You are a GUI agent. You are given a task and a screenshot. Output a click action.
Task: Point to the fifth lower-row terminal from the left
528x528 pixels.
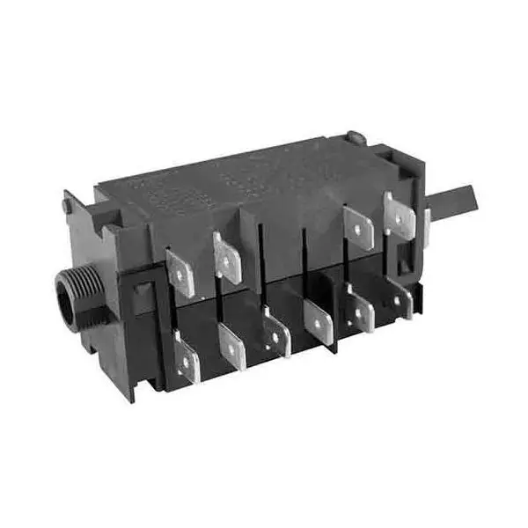[x=360, y=312]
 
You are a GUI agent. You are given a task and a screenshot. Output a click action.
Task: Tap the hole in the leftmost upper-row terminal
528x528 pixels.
[x=182, y=275]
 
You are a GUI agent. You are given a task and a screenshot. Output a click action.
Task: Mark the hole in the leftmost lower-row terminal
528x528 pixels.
[x=188, y=360]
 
